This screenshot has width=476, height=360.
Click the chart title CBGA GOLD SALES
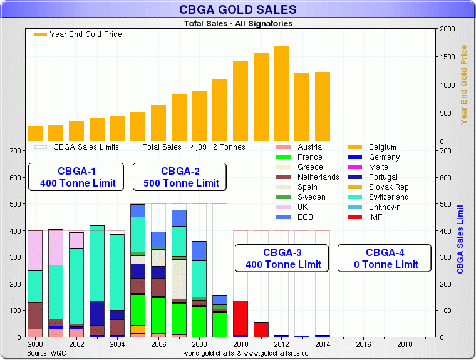pyautogui.click(x=238, y=10)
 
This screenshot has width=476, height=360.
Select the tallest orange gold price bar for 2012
pyautogui.click(x=281, y=94)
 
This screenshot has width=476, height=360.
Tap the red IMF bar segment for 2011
pyautogui.click(x=261, y=329)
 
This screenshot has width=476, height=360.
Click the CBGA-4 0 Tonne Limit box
pyautogui.click(x=385, y=258)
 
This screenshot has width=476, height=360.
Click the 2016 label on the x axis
pyautogui.click(x=364, y=344)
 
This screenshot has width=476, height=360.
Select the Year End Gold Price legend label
pyautogui.click(x=86, y=34)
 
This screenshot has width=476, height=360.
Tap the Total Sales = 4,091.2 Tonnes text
pyautogui.click(x=194, y=147)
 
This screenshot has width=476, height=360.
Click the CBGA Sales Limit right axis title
pyautogui.click(x=461, y=239)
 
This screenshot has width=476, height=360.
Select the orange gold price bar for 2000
pyautogui.click(x=35, y=133)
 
